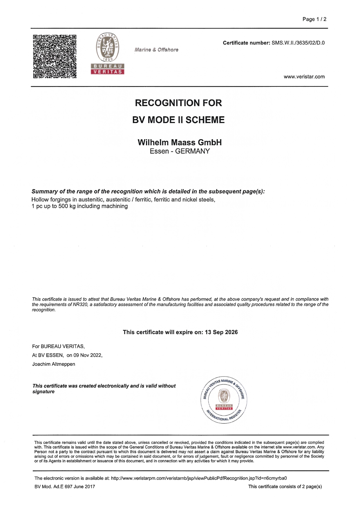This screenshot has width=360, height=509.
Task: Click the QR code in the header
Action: coord(55,57)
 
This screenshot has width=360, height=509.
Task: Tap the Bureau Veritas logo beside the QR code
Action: coord(107,54)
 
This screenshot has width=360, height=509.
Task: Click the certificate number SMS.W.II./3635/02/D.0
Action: coord(298,43)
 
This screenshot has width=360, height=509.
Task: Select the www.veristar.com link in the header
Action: coord(304,77)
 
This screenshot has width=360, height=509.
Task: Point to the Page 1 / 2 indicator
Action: coord(314,19)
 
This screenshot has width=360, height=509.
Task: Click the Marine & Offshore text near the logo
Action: coord(156,50)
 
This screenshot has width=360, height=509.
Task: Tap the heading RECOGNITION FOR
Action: coord(178,103)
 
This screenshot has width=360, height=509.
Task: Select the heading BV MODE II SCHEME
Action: coord(178,120)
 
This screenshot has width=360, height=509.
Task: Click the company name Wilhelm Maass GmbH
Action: coord(180,142)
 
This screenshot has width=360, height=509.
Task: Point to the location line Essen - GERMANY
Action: coord(180,151)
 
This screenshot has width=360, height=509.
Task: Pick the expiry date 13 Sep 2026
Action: coord(221,332)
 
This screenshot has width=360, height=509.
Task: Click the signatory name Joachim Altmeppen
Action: coord(54,364)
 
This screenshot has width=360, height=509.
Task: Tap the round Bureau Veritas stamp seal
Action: coord(224,401)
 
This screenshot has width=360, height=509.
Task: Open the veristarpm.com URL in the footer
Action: coord(199,478)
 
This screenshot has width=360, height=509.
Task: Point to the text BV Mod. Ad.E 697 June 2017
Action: coord(65,487)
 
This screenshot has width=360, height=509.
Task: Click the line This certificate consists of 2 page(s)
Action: coord(285,487)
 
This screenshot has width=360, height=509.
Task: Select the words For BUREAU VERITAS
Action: coord(58,346)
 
